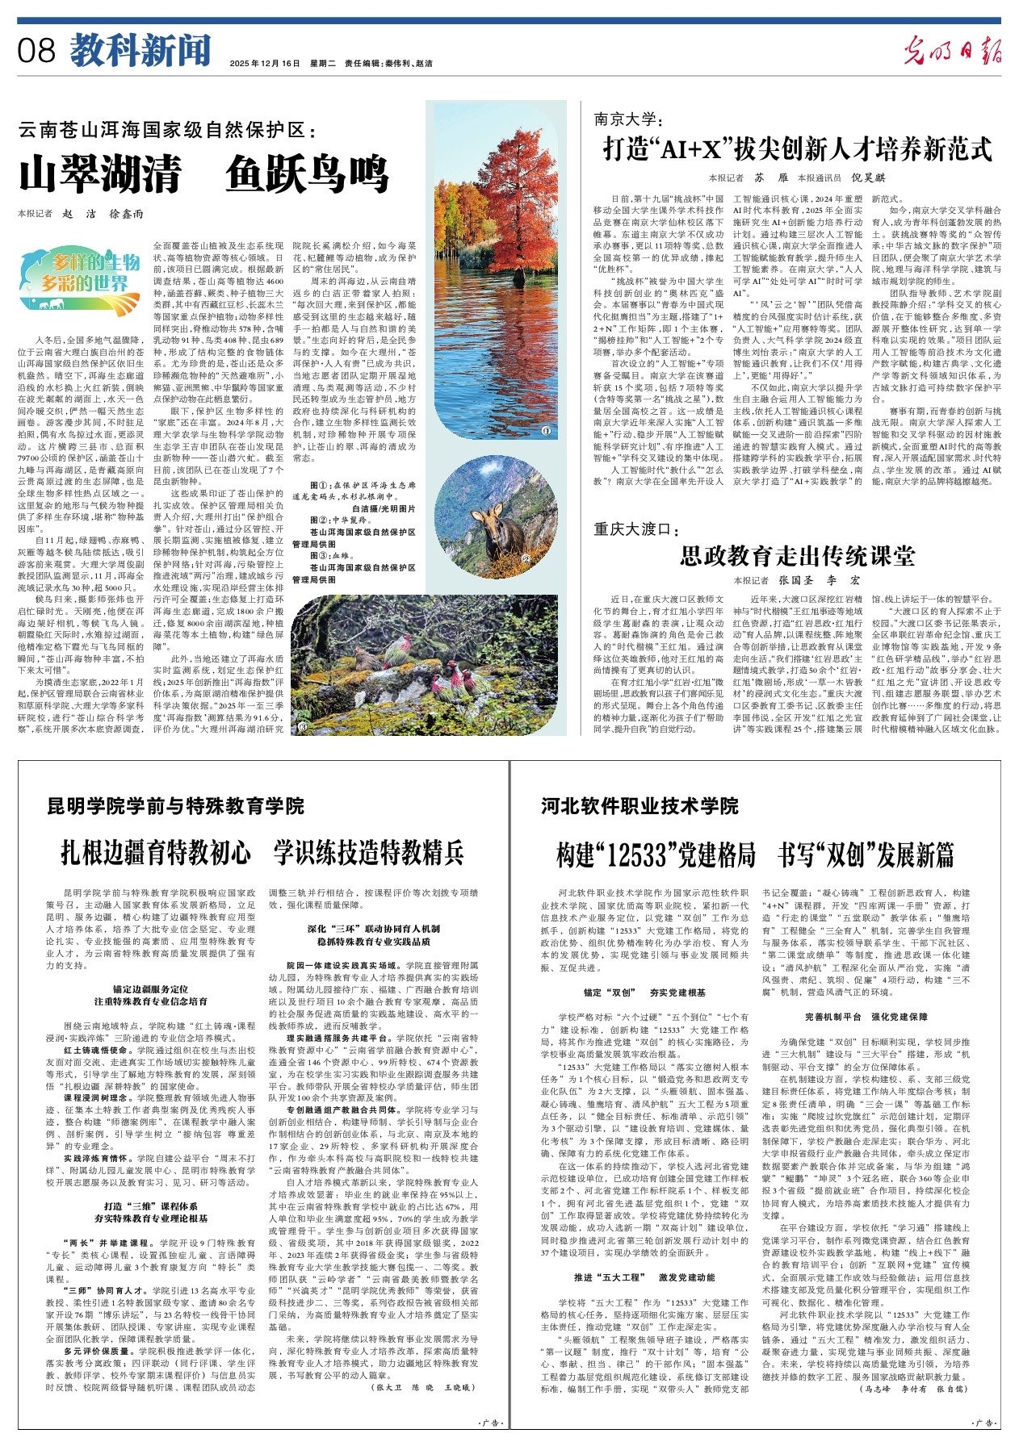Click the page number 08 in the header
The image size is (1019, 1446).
(37, 51)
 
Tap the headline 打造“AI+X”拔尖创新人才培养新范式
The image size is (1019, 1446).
(798, 149)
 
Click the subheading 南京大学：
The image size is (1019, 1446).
(627, 119)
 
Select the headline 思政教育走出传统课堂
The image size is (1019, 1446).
(798, 555)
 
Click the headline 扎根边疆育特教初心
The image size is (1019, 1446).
(156, 852)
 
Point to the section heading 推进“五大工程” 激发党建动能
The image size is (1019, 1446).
(644, 1277)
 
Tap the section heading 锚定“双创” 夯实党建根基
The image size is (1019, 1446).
(644, 993)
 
